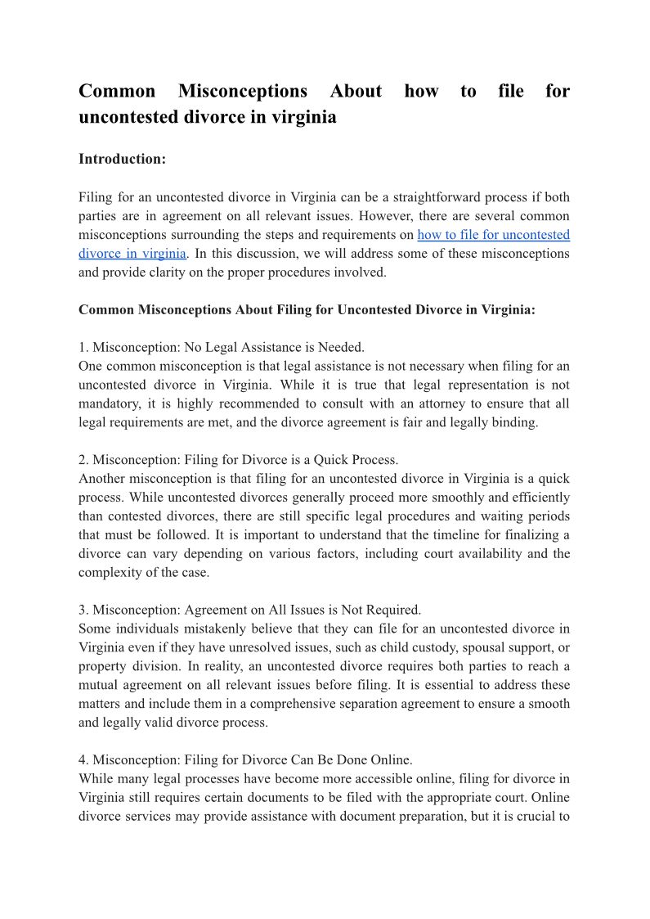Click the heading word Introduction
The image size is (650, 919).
tap(121, 159)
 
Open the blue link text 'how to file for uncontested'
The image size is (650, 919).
tap(493, 235)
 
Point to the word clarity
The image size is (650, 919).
tap(150, 273)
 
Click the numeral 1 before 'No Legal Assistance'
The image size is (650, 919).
tap(82, 348)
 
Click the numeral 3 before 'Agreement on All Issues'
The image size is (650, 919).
tap(82, 610)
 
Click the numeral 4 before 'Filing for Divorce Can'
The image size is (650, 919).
tap(82, 759)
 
